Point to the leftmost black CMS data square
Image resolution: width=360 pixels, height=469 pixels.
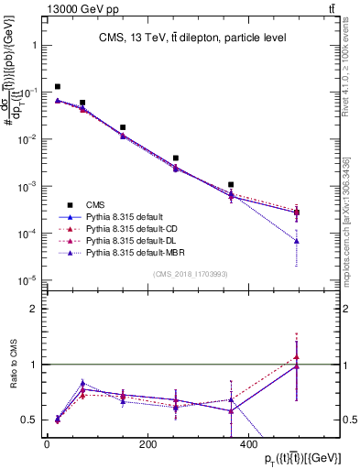click(58, 87)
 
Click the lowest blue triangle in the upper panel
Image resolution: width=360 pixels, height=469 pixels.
click(296, 241)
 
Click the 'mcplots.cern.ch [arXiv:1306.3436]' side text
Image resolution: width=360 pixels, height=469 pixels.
click(345, 220)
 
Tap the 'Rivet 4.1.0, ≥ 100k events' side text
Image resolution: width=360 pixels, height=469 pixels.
click(345, 69)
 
